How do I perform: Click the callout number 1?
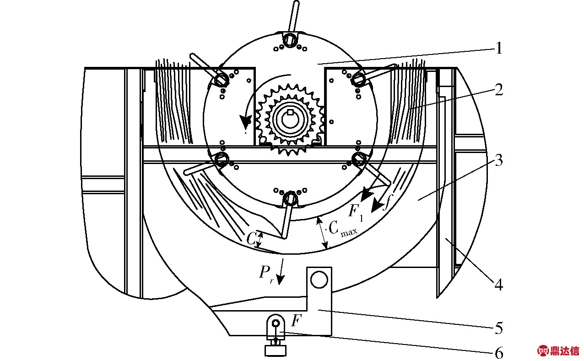pyautogui.click(x=498, y=48)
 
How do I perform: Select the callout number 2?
pyautogui.click(x=498, y=89)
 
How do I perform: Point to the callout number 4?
pyautogui.click(x=498, y=285)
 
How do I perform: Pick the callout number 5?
pyautogui.click(x=498, y=328)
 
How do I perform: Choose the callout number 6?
pyautogui.click(x=498, y=353)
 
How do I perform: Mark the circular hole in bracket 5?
pyautogui.click(x=319, y=279)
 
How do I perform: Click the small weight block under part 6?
pyautogui.click(x=276, y=350)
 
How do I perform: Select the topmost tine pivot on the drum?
pyautogui.click(x=290, y=39)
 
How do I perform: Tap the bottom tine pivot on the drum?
pyautogui.click(x=290, y=198)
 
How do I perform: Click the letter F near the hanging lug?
pyautogui.click(x=296, y=320)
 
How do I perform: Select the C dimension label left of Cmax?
pyautogui.click(x=251, y=239)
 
